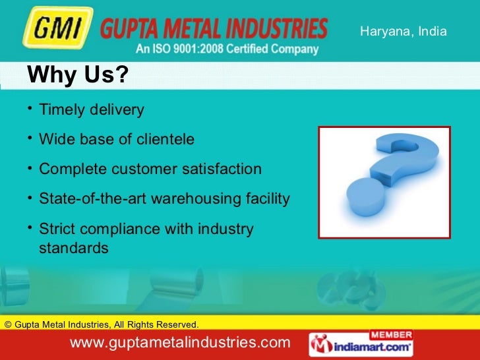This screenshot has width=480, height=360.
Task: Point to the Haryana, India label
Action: (x=403, y=32)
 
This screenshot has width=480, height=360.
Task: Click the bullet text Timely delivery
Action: (x=92, y=109)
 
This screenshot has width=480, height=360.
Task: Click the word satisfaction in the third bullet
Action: (x=222, y=169)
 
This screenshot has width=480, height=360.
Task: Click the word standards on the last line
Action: (x=74, y=249)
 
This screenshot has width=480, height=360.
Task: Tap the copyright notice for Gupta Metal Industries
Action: (x=101, y=324)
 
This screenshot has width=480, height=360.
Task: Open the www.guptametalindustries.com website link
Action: (x=179, y=343)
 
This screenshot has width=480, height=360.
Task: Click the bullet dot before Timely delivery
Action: (x=30, y=107)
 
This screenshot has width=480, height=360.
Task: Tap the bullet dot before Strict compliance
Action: (x=30, y=227)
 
